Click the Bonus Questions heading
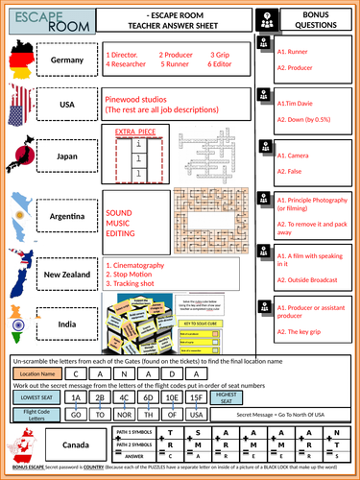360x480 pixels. pyautogui.click(x=314, y=18)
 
